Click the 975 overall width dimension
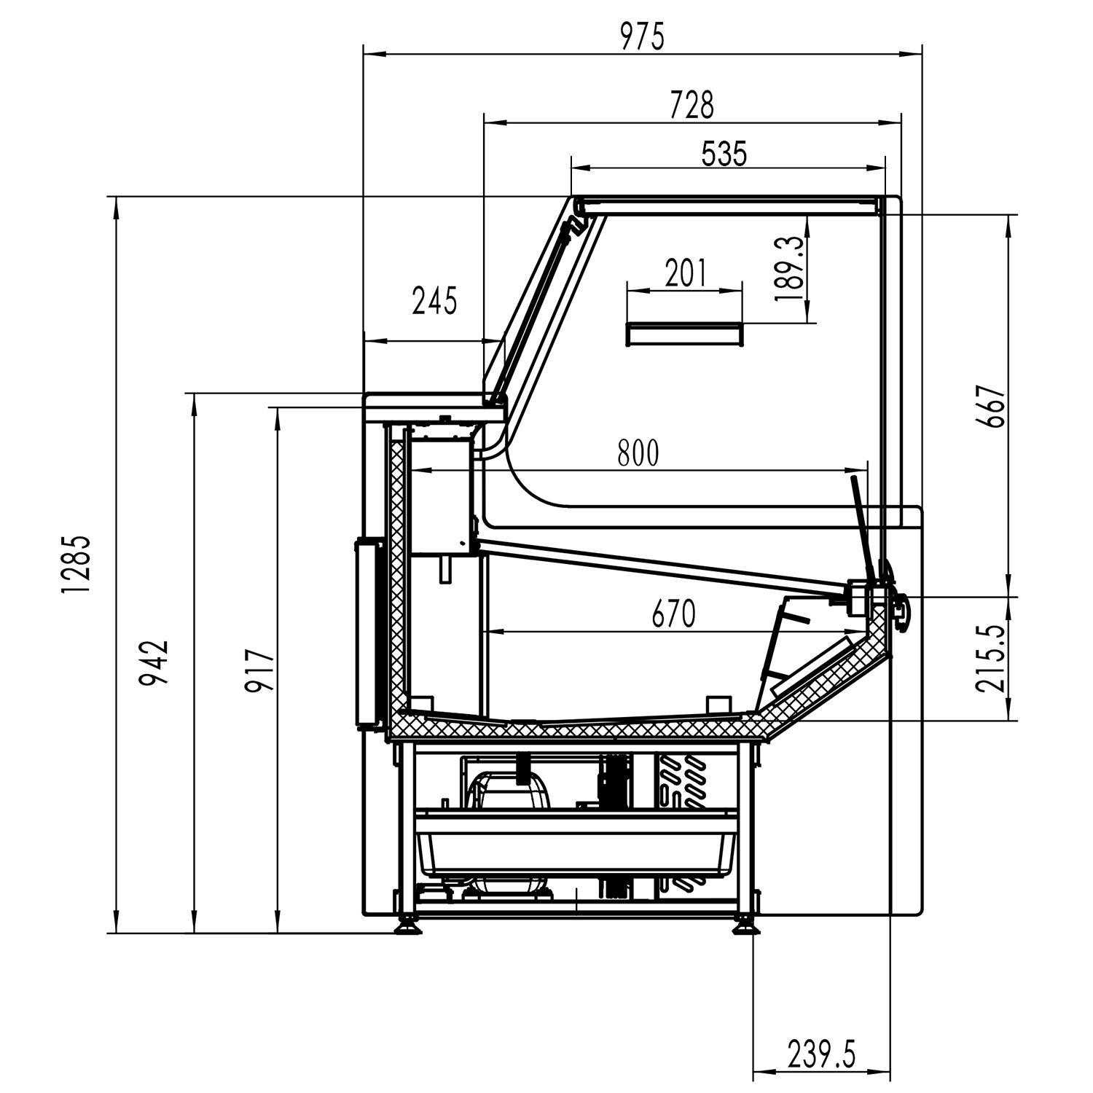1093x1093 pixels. [642, 37]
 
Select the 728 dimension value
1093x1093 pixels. [692, 105]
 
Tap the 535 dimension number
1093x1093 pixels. [724, 154]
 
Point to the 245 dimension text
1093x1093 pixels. [434, 300]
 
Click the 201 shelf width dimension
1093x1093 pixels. [685, 273]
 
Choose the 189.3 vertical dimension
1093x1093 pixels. [790, 268]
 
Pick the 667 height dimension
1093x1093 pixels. [992, 406]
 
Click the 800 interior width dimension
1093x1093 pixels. [638, 453]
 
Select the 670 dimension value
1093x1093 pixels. [673, 614]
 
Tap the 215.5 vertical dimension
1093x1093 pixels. [992, 658]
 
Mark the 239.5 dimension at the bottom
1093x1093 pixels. [821, 1054]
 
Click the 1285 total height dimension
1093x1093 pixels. [76, 565]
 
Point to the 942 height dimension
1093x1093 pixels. [154, 662]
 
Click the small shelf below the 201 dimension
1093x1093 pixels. [685, 334]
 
